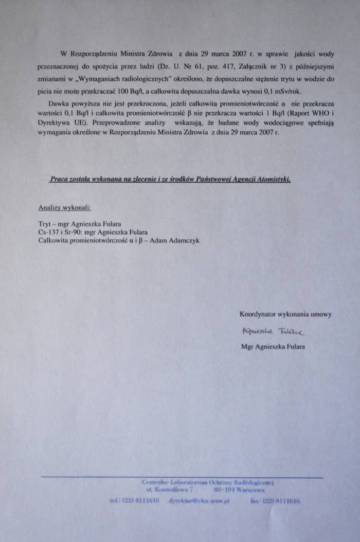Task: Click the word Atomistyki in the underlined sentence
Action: (x=272, y=179)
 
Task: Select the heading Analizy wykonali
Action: (x=65, y=208)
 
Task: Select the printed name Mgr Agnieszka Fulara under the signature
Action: (x=273, y=346)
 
